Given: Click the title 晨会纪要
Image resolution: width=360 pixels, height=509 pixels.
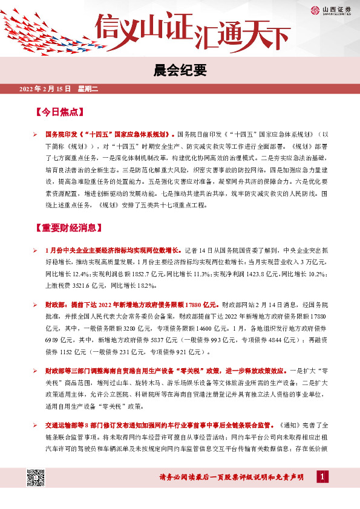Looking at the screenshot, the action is tap(180, 71).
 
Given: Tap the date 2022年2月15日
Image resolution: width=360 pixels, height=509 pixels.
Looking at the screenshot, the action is tap(45, 89).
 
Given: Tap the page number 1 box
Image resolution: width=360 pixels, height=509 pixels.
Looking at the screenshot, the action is tap(324, 478).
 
